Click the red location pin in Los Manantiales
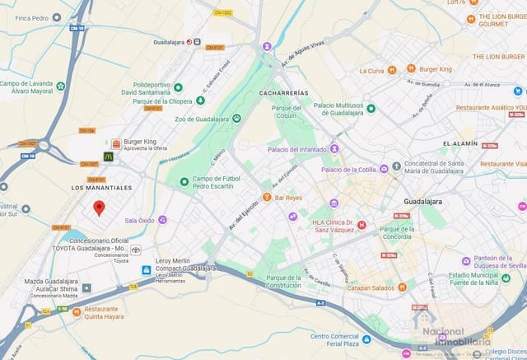99,208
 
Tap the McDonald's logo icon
108,156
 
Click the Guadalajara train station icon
189,41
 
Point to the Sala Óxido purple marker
163,220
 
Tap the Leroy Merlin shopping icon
146,269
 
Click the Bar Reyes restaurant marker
267,198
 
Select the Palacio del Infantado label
296,150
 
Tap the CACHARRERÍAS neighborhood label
283,93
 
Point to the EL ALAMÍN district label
459,143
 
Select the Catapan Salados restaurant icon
402,288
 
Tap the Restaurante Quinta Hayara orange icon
77,311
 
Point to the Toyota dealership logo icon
136,250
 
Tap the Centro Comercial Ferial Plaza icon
366,339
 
